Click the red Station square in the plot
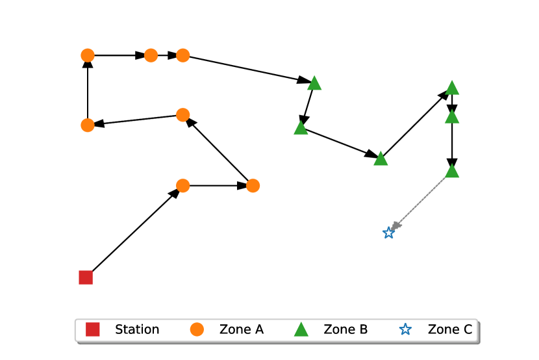(86, 277)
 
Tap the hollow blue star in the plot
(388, 233)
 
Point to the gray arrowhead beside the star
(396, 225)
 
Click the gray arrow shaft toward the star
(421, 201)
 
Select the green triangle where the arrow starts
(452, 171)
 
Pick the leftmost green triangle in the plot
(301, 128)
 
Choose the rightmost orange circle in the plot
(253, 186)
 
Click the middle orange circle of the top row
(151, 56)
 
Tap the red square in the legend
(93, 329)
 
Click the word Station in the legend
(137, 329)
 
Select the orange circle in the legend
(197, 329)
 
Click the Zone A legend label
(242, 329)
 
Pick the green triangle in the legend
(301, 329)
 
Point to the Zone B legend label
(345, 329)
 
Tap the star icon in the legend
(405, 329)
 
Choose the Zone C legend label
(449, 329)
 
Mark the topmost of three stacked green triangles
(452, 88)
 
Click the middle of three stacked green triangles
(452, 117)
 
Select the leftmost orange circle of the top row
(88, 56)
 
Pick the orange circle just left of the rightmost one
(183, 186)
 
